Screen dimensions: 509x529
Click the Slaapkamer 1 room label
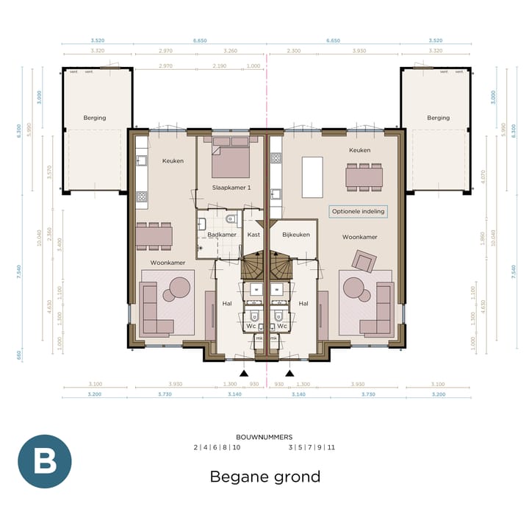[x=231, y=188]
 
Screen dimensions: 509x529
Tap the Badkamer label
[x=221, y=235]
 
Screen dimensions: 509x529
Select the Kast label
[x=254, y=235]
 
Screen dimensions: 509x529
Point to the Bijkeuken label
[x=295, y=235]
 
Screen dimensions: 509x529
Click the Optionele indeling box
[x=358, y=211]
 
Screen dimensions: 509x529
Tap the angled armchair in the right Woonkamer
[x=362, y=260]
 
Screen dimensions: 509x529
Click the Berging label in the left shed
[x=95, y=118]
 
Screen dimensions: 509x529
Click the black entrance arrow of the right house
[x=289, y=374]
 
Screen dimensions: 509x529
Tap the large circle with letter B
[x=45, y=462]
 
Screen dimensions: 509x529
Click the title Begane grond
[x=264, y=477]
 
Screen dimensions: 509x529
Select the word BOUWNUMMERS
[x=264, y=437]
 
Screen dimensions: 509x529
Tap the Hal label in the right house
[x=303, y=303]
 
